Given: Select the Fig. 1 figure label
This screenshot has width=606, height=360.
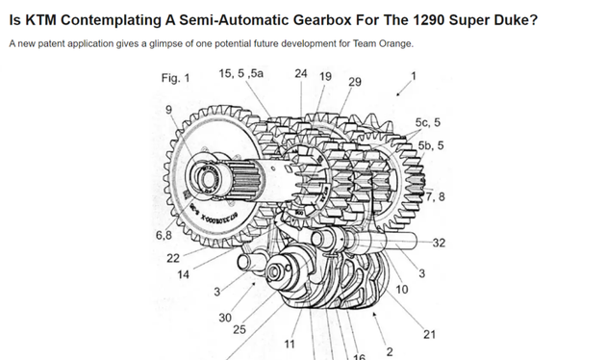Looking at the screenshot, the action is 175,78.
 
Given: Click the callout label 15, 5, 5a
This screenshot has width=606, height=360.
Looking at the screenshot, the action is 240,73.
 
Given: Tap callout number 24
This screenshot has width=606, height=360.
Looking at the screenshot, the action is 301,73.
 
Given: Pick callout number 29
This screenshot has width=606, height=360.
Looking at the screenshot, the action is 355,82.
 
